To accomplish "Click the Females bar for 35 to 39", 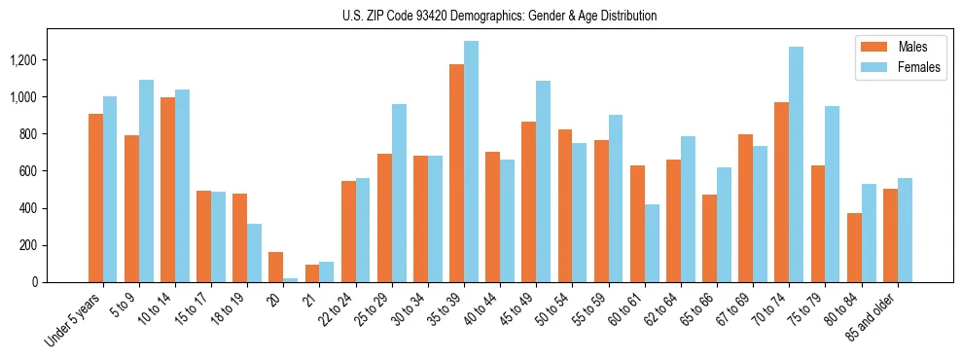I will tap(471, 162).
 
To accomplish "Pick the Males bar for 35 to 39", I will tap(456, 173).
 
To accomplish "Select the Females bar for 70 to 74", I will tap(796, 164).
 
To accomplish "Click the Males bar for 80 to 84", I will tap(854, 248).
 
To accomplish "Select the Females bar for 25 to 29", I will tap(399, 194).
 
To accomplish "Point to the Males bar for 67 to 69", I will tap(745, 208).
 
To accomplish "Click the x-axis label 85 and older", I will tap(873, 316).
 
